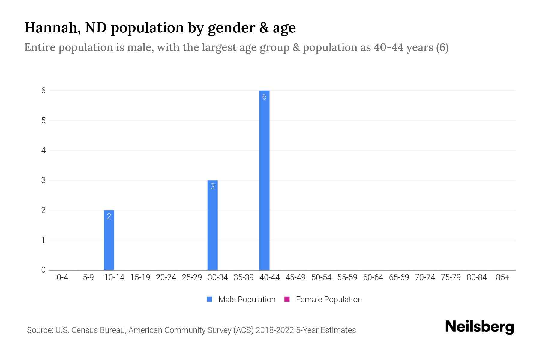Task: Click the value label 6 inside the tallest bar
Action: coord(264,97)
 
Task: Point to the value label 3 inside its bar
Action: coord(212,187)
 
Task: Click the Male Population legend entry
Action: coord(247,300)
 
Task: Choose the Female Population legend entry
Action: coord(328,300)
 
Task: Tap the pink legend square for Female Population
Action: coord(287,299)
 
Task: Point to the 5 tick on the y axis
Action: coord(43,121)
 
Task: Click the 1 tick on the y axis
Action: coord(43,240)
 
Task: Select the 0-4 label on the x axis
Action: coord(62,277)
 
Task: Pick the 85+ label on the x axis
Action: coord(502,277)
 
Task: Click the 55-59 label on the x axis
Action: coord(347,277)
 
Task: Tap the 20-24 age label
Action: coord(166,277)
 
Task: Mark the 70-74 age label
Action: coord(425,277)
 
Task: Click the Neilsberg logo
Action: coord(479,327)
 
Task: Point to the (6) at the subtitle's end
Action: coord(442,47)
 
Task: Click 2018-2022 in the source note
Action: coord(274,330)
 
